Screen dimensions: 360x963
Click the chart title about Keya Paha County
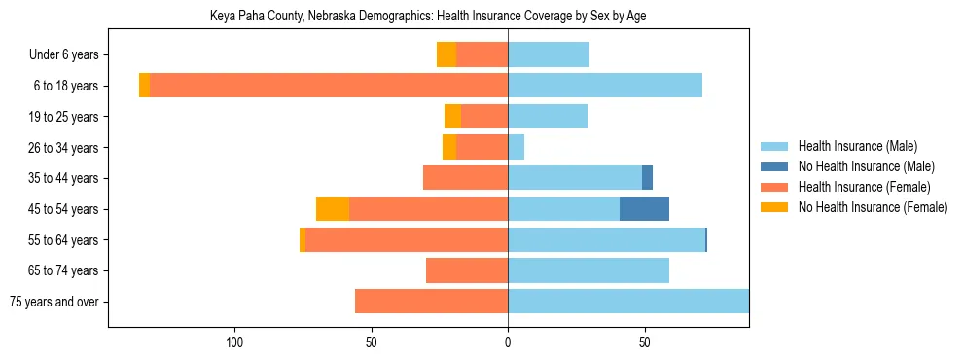pyautogui.click(x=428, y=16)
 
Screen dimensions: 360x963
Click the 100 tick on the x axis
pyautogui.click(x=234, y=342)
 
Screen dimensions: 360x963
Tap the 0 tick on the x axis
pyautogui.click(x=508, y=342)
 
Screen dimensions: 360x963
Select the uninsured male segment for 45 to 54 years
pyautogui.click(x=644, y=208)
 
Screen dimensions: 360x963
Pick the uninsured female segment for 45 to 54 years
pyautogui.click(x=333, y=208)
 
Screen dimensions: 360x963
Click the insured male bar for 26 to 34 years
pyautogui.click(x=516, y=147)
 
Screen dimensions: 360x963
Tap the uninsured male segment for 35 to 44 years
pyautogui.click(x=647, y=178)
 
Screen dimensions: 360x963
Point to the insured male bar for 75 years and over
pyautogui.click(x=628, y=302)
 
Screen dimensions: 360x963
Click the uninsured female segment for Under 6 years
pyautogui.click(x=446, y=54)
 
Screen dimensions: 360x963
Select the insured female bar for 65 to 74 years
pyautogui.click(x=467, y=270)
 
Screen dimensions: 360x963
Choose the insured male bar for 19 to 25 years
pyautogui.click(x=548, y=117)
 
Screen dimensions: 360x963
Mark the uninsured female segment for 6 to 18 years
pyautogui.click(x=145, y=86)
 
